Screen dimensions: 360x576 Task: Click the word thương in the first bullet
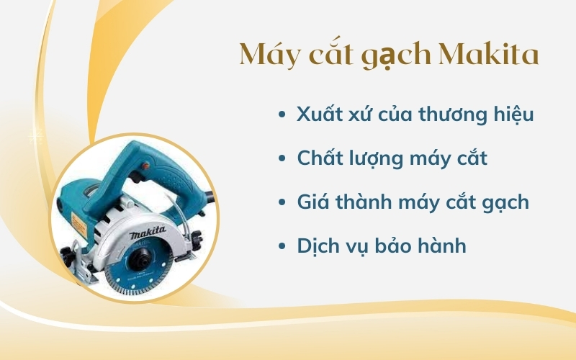click(452, 115)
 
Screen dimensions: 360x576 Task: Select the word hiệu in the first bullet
click(510, 115)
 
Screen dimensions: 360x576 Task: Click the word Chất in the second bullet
click(318, 158)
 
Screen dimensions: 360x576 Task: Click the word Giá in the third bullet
click(315, 202)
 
